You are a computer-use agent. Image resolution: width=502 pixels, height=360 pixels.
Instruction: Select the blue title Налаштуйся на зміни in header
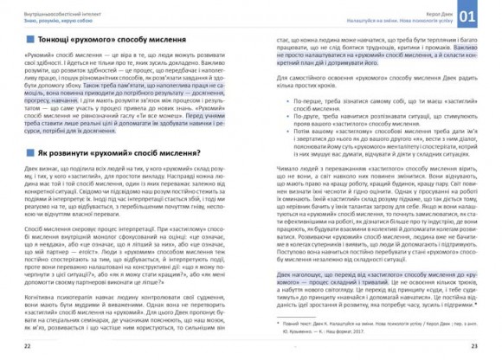coord(407,17)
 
